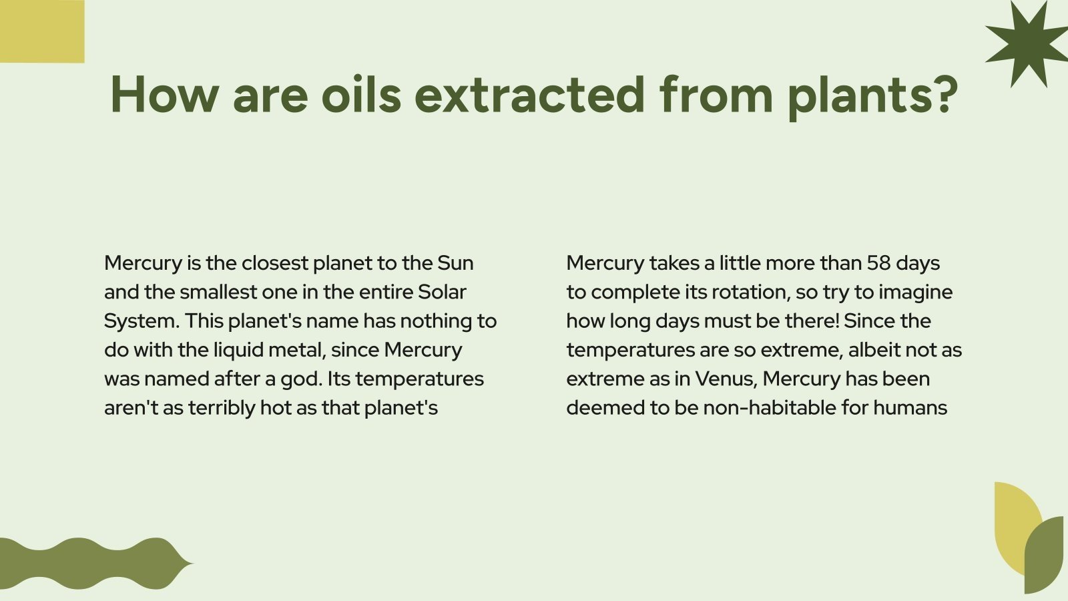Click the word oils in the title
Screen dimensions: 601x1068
(x=361, y=94)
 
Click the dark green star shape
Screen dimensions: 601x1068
(x=1029, y=43)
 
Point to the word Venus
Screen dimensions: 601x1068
(x=725, y=379)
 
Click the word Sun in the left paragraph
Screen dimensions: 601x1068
(x=455, y=263)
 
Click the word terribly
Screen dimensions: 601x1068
(x=222, y=407)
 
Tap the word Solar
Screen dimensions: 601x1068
(x=442, y=292)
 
